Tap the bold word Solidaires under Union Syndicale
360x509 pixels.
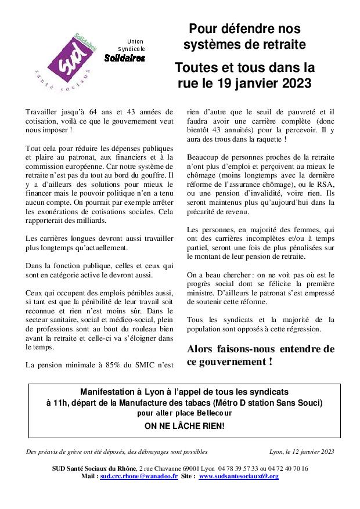(x=125, y=58)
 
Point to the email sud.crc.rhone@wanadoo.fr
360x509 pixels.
(x=139, y=476)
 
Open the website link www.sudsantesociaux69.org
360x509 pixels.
(x=239, y=476)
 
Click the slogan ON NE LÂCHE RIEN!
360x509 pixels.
(x=184, y=426)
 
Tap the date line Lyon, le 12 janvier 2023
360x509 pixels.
(x=302, y=451)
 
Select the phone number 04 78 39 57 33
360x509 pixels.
(x=238, y=468)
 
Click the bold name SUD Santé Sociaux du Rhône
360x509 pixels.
(x=93, y=468)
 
